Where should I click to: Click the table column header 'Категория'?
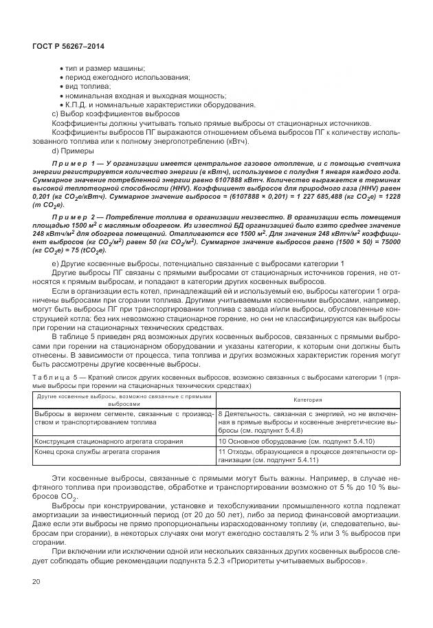point(308,399)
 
